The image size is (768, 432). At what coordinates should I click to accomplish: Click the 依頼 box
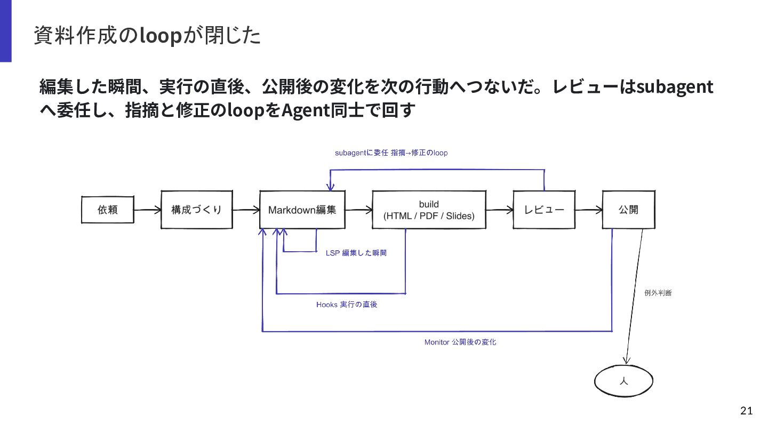[108, 210]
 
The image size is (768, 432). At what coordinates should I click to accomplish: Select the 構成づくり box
[197, 210]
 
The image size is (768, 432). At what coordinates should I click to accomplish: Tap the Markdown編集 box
[302, 210]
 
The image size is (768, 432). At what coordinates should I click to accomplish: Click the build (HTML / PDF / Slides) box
[429, 210]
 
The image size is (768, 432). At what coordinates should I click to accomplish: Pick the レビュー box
[544, 210]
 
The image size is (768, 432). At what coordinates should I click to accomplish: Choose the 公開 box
[628, 210]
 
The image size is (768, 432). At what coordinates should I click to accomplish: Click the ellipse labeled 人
[623, 381]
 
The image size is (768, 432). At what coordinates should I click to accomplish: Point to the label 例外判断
[658, 293]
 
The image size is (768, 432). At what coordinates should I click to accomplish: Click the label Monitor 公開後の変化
[460, 342]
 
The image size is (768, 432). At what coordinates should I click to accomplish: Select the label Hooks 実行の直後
[347, 305]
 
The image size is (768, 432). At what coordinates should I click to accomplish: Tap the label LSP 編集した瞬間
[356, 253]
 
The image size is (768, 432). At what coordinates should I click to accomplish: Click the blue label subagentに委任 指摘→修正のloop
[391, 153]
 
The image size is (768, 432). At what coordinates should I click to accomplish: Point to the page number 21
[747, 411]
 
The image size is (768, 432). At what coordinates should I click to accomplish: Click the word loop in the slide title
[161, 36]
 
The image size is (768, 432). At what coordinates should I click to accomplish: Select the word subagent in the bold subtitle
[675, 87]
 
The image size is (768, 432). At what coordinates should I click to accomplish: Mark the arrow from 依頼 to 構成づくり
[147, 210]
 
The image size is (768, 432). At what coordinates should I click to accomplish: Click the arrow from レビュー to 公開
[589, 210]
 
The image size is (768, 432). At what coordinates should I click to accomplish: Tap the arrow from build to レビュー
[500, 210]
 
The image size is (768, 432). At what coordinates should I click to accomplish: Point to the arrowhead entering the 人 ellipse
[626, 361]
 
